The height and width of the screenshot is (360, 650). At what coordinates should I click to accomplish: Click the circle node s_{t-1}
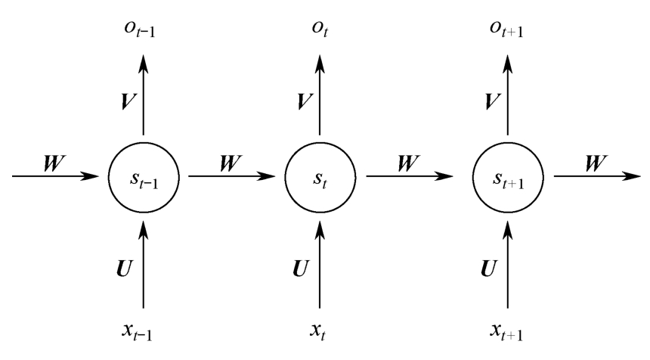pos(144,176)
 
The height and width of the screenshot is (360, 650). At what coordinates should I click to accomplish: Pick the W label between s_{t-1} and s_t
pos(231,163)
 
